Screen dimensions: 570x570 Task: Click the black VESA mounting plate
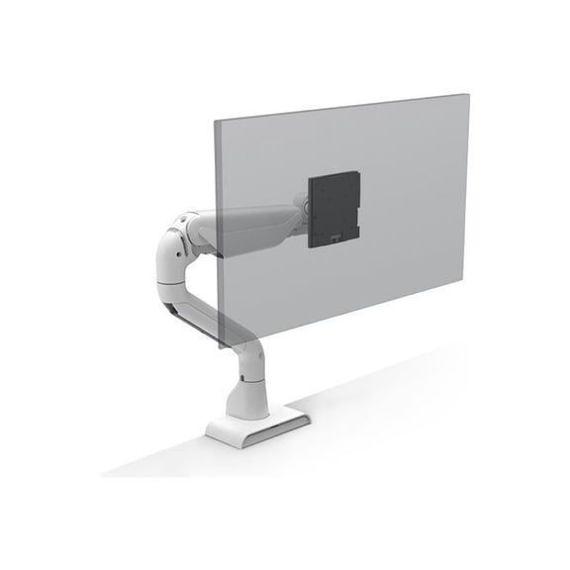point(333,210)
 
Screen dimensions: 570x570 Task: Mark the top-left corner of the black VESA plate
point(310,177)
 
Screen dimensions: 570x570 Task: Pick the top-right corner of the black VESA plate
point(358,171)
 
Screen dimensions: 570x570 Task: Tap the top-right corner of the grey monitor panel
point(468,94)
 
